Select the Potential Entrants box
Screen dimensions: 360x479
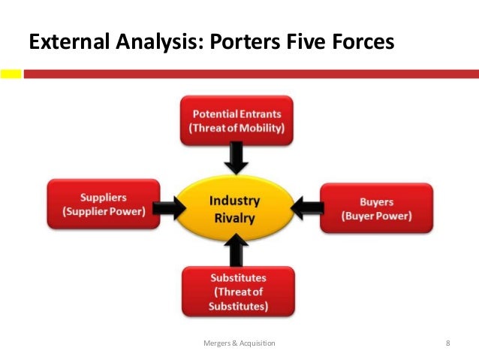tap(236, 119)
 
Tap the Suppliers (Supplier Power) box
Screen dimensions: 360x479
tap(103, 204)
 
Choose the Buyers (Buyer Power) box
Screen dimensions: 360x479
tap(376, 209)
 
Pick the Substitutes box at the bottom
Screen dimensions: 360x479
tap(238, 292)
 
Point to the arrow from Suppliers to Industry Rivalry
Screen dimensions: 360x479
tap(171, 207)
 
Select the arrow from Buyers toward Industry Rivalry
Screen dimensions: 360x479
tap(306, 207)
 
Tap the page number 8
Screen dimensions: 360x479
tap(447, 343)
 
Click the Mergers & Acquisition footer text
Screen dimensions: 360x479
tap(239, 343)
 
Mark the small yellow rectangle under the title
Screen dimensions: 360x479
tap(11, 74)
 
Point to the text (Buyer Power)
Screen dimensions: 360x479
tap(377, 216)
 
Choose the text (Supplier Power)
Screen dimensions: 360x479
tap(104, 211)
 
